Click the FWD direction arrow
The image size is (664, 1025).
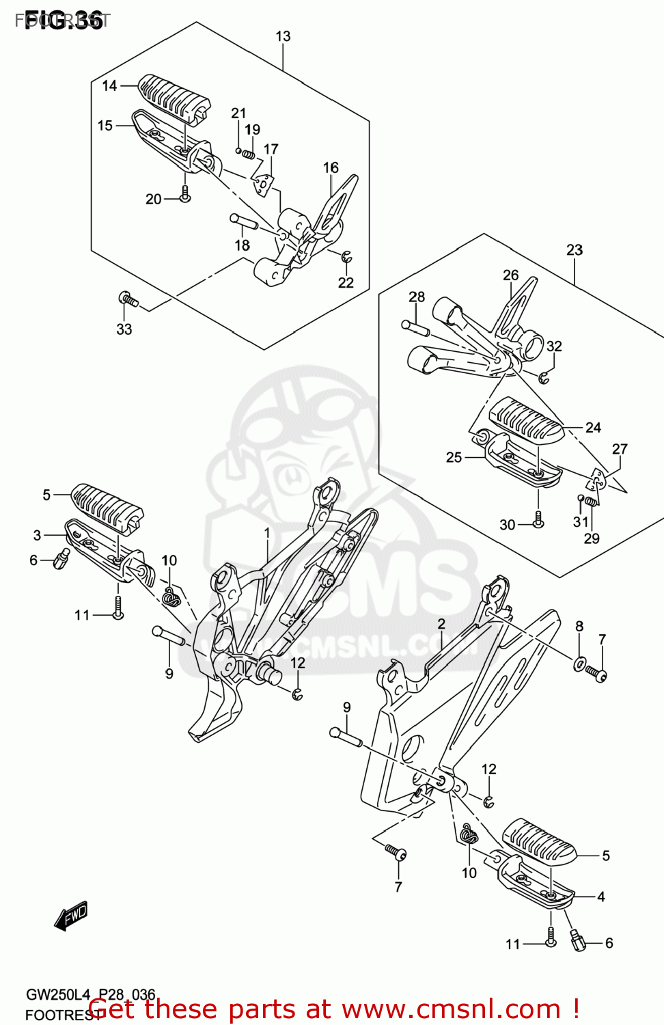click(71, 916)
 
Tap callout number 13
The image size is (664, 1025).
click(283, 36)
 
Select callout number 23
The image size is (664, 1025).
click(575, 250)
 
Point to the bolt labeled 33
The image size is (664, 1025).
click(128, 299)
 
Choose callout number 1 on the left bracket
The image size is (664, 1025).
click(267, 533)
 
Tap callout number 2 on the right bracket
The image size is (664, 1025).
click(441, 623)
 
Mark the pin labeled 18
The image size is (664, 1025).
click(244, 221)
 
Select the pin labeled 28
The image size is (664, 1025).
click(415, 327)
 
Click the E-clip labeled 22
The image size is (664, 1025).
click(347, 257)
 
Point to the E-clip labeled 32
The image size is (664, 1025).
click(544, 377)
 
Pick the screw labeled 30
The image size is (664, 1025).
click(538, 520)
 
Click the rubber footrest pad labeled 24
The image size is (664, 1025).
click(526, 419)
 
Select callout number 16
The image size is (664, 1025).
click(331, 167)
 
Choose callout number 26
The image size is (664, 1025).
click(511, 275)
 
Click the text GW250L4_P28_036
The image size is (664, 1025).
click(91, 994)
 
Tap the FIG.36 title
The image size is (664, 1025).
click(63, 20)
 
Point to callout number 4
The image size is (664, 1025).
click(601, 897)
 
